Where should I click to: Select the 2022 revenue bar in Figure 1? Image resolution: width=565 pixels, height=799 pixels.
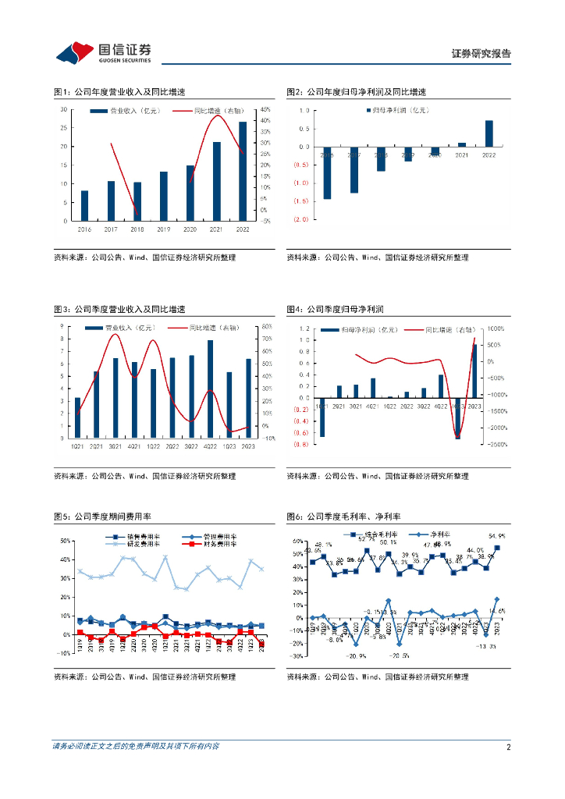243,171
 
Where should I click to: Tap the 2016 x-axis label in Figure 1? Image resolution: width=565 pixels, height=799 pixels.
84,229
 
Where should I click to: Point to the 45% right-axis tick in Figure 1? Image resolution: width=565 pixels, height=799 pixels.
266,109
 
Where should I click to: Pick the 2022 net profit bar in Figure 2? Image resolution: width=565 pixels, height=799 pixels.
489,133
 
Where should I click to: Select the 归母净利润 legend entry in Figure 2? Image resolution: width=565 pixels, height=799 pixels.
399,112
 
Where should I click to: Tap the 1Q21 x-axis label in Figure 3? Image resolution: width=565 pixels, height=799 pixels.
77,446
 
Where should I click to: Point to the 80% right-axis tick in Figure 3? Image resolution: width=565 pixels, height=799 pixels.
266,326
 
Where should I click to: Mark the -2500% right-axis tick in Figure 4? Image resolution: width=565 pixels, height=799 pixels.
496,445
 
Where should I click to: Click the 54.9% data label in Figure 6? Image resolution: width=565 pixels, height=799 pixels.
497,536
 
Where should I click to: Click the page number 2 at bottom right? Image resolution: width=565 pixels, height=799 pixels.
508,747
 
